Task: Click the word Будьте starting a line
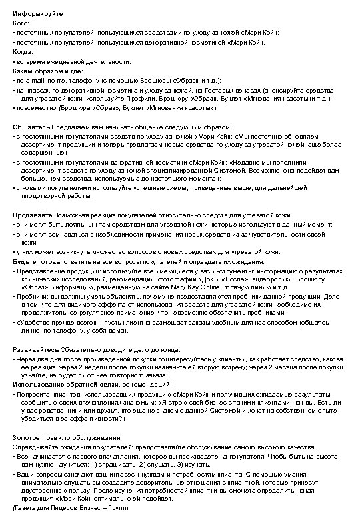[24, 261]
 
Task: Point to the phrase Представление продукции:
[54, 271]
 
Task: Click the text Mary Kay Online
[198, 286]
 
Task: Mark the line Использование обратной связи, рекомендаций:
[93, 385]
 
